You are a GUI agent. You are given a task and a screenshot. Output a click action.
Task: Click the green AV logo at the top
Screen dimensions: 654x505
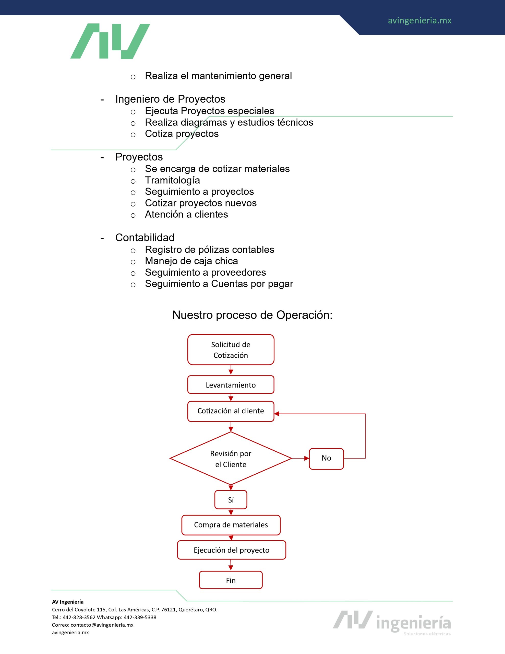click(x=110, y=41)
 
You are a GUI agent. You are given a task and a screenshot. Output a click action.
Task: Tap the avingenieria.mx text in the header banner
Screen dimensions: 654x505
click(x=419, y=21)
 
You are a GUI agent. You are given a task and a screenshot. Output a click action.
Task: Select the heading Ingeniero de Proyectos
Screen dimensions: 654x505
click(x=170, y=99)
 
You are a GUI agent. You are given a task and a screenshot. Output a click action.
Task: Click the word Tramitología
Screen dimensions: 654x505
click(x=172, y=180)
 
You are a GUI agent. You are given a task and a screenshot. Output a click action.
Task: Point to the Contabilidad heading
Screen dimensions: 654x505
click(x=145, y=238)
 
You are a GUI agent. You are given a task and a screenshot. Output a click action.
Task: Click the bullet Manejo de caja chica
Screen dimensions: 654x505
click(x=191, y=261)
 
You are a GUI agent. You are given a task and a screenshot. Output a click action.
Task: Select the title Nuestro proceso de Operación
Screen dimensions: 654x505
click(x=252, y=315)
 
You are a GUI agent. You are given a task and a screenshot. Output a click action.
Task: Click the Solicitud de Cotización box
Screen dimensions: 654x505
click(x=231, y=350)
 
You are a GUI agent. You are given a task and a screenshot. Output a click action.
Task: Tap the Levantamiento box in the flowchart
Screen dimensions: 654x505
click(x=231, y=385)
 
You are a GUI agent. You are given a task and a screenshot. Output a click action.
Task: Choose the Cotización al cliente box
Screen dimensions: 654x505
click(x=231, y=411)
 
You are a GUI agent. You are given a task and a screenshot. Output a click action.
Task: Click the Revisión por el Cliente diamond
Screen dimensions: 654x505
click(x=231, y=459)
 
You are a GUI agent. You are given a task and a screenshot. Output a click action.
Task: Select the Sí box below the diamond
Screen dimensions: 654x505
click(x=231, y=500)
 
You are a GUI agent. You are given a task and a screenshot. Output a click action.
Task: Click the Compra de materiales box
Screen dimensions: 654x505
click(x=231, y=525)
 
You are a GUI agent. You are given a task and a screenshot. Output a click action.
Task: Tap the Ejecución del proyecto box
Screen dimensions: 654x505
click(x=231, y=550)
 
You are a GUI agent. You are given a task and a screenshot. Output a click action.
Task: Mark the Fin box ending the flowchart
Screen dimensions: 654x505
click(x=231, y=581)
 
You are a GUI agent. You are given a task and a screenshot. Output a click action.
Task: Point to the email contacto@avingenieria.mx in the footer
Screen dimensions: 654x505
click(x=102, y=625)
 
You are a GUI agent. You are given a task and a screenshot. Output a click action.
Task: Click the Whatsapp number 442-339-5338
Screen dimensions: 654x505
click(x=140, y=617)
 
